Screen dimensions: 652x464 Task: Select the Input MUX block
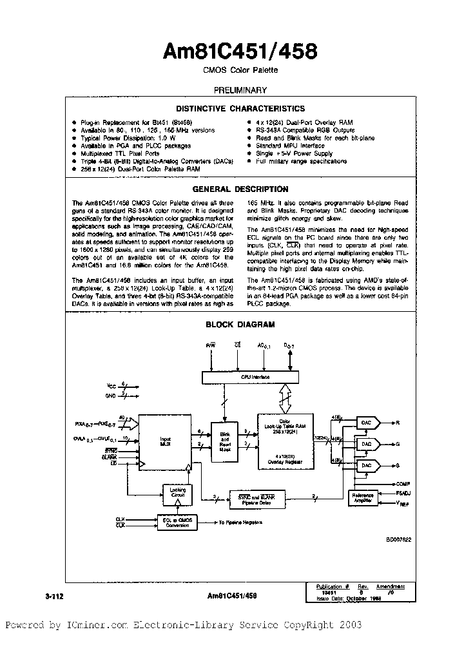click(166, 443)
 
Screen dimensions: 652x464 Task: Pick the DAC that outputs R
click(366, 423)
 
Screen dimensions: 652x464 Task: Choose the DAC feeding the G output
click(366, 444)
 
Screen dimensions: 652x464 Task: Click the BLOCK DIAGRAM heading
click(240, 325)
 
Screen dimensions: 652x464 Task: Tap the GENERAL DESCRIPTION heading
click(240, 189)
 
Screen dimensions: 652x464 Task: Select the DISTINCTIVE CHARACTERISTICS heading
click(240, 109)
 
